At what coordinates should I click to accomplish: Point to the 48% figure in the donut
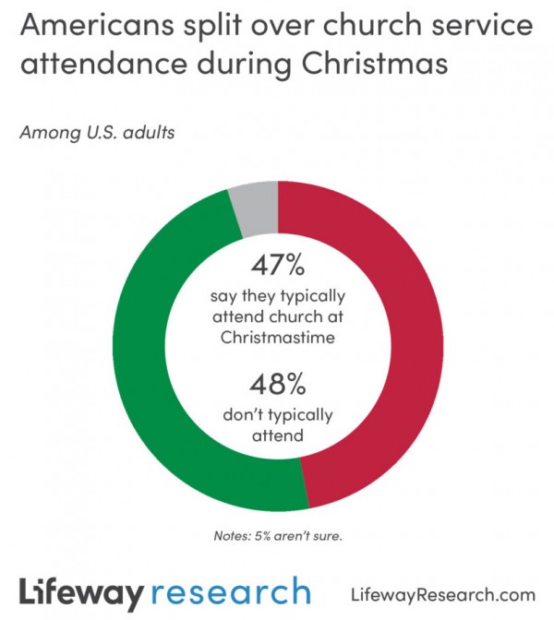pyautogui.click(x=277, y=382)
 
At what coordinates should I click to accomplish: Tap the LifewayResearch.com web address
pyautogui.click(x=443, y=593)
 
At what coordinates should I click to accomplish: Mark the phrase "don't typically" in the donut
pyautogui.click(x=277, y=414)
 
